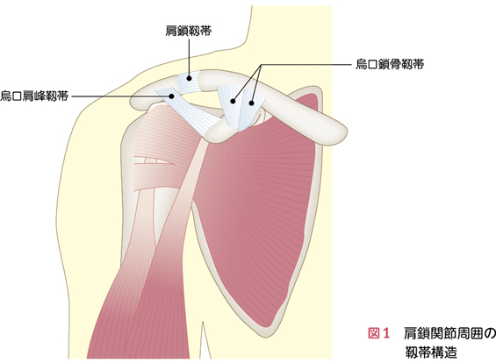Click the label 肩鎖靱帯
point(189,31)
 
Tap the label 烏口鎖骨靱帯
point(390,65)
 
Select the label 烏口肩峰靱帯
point(34,96)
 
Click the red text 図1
point(378,333)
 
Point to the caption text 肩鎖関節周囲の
point(449,333)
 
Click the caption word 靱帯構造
point(431,352)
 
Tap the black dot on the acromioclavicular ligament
point(189,78)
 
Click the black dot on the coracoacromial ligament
point(172,96)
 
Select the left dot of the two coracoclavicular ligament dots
point(233,102)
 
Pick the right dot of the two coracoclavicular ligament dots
point(251,103)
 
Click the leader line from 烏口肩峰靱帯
point(122,96)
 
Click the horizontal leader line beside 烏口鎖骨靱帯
point(306,65)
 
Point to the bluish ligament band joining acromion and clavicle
point(189,82)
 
